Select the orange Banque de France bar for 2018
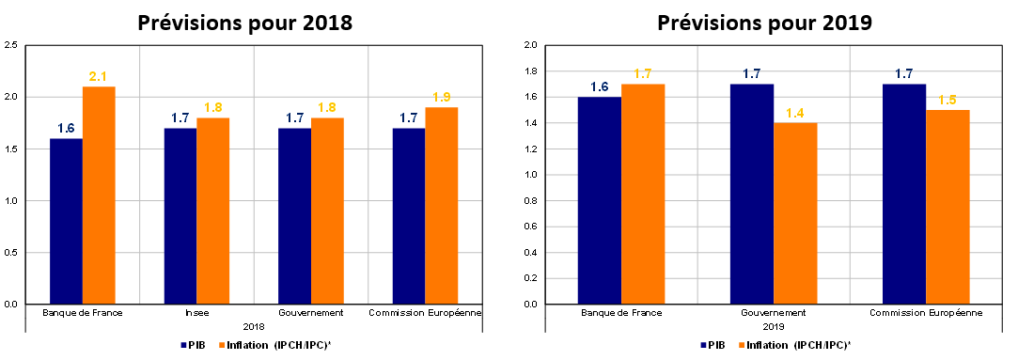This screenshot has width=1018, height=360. [x=99, y=196]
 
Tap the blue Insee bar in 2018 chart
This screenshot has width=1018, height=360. [x=180, y=216]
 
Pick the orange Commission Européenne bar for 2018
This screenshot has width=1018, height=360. [x=442, y=206]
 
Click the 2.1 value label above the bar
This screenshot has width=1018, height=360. [x=98, y=77]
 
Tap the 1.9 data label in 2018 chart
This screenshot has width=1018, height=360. [x=442, y=98]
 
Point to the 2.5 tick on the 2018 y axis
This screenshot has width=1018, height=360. [x=10, y=45]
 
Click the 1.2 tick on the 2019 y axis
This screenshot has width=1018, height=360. [x=530, y=149]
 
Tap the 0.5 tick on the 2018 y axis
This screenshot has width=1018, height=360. [x=10, y=253]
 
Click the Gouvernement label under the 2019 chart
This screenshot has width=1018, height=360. [x=774, y=313]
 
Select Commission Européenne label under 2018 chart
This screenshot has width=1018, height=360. [x=425, y=313]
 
